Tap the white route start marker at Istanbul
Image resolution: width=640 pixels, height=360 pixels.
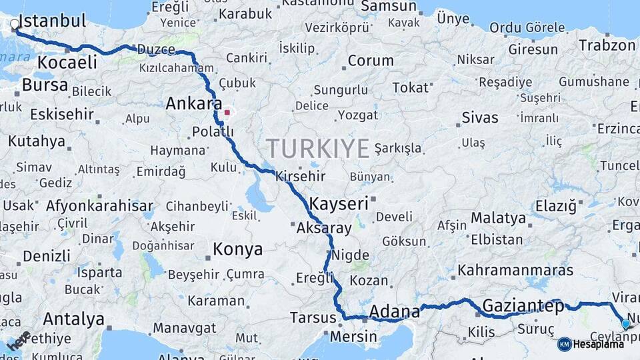15,25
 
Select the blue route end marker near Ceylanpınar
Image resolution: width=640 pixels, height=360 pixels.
625,324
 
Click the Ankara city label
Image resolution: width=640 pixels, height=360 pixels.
194,104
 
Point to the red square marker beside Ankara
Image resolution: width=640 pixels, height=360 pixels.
227,113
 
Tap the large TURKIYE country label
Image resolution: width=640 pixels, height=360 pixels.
317,147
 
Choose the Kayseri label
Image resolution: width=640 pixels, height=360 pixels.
339,203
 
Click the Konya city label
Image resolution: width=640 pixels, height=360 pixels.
237,250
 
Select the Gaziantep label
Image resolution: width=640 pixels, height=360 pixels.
523,306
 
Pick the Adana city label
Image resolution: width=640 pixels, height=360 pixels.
394,311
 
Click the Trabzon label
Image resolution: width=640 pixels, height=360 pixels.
607,45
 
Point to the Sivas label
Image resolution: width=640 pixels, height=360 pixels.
479,118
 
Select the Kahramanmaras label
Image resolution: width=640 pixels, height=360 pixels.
515,271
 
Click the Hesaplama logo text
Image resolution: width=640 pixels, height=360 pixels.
599,344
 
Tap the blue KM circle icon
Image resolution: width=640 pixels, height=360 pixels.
564,344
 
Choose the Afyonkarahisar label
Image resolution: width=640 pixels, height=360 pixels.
99,205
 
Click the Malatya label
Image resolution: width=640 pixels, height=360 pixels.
498,218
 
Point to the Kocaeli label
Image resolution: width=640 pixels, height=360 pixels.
67,63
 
